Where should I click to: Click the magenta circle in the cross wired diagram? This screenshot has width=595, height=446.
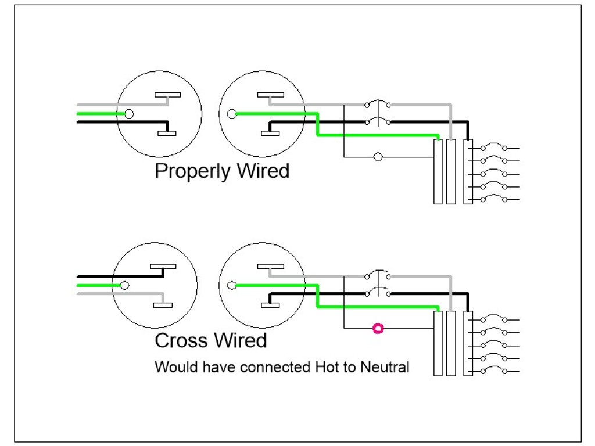pyautogui.click(x=378, y=329)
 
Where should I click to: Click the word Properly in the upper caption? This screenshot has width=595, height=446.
pyautogui.click(x=193, y=171)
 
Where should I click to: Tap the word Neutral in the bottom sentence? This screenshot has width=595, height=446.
pyautogui.click(x=385, y=367)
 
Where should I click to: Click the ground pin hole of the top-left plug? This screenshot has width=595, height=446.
pyautogui.click(x=129, y=114)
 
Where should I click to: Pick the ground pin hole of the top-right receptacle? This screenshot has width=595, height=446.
pyautogui.click(x=231, y=114)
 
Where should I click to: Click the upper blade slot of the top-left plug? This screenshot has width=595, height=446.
pyautogui.click(x=167, y=95)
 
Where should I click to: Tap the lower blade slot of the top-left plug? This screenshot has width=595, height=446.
pyautogui.click(x=167, y=133)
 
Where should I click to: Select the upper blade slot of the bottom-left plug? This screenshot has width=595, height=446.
pyautogui.click(x=163, y=267)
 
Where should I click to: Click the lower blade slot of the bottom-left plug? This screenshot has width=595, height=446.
pyautogui.click(x=163, y=305)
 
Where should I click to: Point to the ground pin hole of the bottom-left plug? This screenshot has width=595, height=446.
pyautogui.click(x=124, y=286)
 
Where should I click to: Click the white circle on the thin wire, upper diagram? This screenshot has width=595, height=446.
pyautogui.click(x=378, y=157)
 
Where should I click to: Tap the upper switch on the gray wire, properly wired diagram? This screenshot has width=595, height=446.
pyautogui.click(x=378, y=104)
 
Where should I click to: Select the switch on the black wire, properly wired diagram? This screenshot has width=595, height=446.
pyautogui.click(x=378, y=121)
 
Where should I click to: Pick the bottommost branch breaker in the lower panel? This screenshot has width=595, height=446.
pyautogui.click(x=494, y=370)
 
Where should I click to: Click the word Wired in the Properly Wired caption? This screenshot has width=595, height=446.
pyautogui.click(x=263, y=171)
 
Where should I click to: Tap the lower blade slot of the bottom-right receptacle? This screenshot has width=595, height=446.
pyautogui.click(x=270, y=305)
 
